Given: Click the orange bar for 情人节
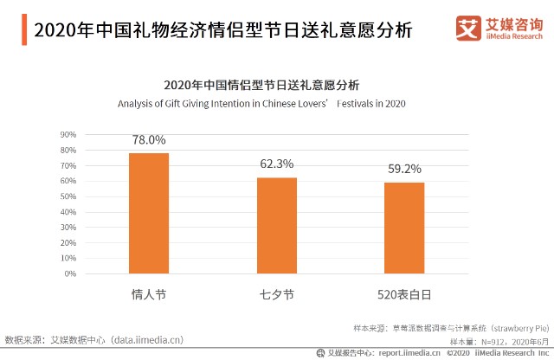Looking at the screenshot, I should point(149,213).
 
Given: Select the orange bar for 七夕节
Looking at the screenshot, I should point(276,225).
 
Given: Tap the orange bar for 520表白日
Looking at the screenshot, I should point(404,228).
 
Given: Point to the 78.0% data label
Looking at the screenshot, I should point(149,139).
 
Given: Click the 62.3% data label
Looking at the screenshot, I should point(276,164).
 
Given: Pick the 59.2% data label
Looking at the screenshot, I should point(404,169).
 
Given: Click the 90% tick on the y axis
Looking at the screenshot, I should point(69,135).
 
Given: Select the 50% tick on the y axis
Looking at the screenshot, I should point(69,196).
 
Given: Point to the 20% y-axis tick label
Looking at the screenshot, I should point(69,243).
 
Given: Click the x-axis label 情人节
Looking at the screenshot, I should point(149,294).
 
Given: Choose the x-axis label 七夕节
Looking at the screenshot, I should point(276,294).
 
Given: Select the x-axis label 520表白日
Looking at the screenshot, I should point(404,294).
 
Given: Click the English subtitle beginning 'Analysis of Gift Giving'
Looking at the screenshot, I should point(261,104).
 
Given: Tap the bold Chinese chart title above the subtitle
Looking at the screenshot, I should point(261,85).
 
